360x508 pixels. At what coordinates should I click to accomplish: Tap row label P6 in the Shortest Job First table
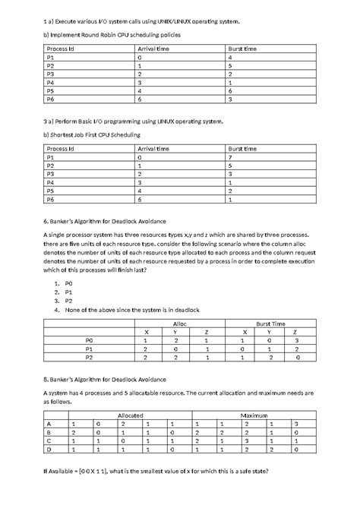click(51, 200)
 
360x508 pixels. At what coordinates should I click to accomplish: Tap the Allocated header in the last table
click(129, 415)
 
